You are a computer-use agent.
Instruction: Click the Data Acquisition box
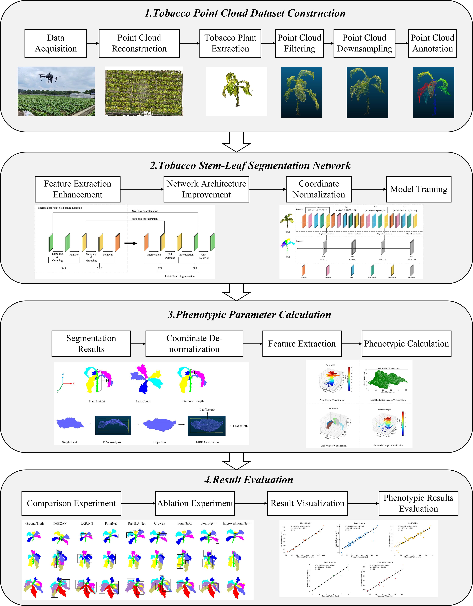point(56,43)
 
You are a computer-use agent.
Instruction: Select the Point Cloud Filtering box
point(299,43)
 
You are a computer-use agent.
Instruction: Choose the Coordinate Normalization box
point(319,189)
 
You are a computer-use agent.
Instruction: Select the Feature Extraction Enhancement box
point(77,189)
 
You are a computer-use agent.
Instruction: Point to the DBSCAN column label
point(60,524)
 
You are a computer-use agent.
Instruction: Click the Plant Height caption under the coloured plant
point(97,401)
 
